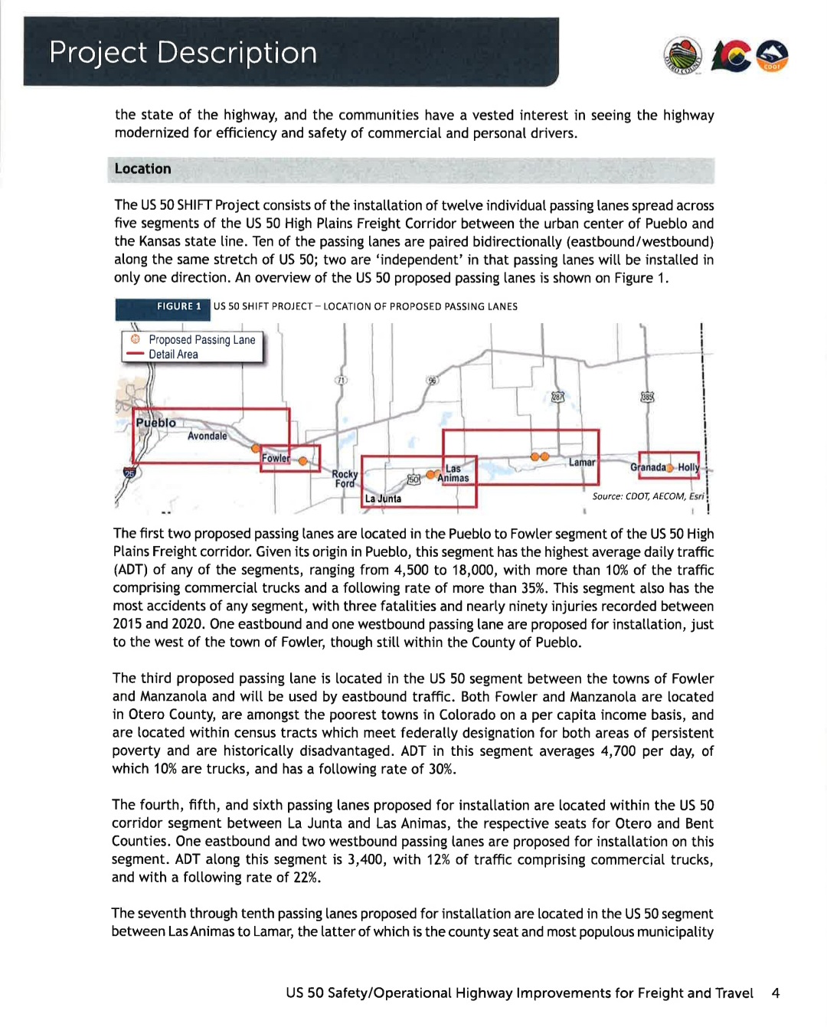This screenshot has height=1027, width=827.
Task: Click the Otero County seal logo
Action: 683,54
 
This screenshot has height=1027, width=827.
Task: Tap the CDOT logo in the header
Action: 772,55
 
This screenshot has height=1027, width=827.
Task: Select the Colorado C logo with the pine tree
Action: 731,55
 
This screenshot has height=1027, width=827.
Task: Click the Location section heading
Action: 143,169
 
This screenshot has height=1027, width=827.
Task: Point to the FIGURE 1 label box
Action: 178,306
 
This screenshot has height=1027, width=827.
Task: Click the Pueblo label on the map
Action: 156,423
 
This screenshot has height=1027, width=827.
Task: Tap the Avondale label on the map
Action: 208,436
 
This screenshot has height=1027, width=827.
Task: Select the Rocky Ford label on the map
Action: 345,479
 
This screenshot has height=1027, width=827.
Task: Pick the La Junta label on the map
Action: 383,499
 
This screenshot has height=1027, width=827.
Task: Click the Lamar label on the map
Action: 582,463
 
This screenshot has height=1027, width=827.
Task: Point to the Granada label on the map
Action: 648,467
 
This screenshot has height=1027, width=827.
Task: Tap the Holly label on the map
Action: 688,467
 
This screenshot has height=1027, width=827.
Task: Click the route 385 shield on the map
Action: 647,397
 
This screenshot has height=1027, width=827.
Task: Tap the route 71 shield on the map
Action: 342,380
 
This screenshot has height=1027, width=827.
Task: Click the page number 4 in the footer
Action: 776,993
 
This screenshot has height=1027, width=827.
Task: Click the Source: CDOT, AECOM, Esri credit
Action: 648,496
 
